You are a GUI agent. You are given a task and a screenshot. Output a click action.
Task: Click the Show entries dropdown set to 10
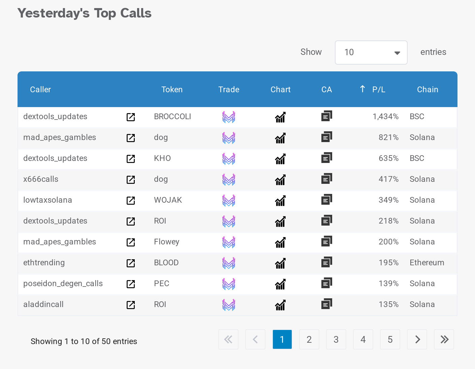pyautogui.click(x=371, y=53)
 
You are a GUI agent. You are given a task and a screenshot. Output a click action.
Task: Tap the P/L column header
pyautogui.click(x=379, y=90)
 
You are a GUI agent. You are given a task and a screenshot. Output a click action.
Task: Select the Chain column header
pyautogui.click(x=427, y=90)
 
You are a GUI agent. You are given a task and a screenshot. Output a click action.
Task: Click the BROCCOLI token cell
pyautogui.click(x=172, y=116)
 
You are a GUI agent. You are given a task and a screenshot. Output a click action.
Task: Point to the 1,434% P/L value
pyautogui.click(x=385, y=116)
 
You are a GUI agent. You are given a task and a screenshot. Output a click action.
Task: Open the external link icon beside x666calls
pyautogui.click(x=131, y=180)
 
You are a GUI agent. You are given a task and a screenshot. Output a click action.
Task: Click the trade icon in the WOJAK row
pyautogui.click(x=229, y=201)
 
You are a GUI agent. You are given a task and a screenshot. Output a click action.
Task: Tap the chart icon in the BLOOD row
pyautogui.click(x=280, y=263)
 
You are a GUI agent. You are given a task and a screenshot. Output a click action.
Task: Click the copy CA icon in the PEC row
pyautogui.click(x=326, y=283)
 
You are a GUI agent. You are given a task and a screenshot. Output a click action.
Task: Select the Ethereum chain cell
pyautogui.click(x=427, y=263)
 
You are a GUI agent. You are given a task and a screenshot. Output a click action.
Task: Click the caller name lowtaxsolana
pyautogui.click(x=47, y=200)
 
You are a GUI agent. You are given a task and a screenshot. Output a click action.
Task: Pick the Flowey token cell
pyautogui.click(x=166, y=242)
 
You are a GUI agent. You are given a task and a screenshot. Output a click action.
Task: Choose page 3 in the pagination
pyautogui.click(x=336, y=339)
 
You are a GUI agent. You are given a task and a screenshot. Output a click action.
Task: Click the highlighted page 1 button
pyautogui.click(x=282, y=339)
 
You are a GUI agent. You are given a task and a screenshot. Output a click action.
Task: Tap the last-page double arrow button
pyautogui.click(x=444, y=339)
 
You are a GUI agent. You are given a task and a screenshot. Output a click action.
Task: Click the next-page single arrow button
pyautogui.click(x=417, y=339)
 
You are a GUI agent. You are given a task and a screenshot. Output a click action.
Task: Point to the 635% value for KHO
pyautogui.click(x=388, y=158)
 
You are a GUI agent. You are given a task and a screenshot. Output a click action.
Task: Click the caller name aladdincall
pyautogui.click(x=43, y=304)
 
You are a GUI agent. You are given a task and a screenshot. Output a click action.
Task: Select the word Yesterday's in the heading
pyautogui.click(x=53, y=13)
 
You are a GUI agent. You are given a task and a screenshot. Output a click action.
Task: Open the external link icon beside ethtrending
pyautogui.click(x=131, y=263)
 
